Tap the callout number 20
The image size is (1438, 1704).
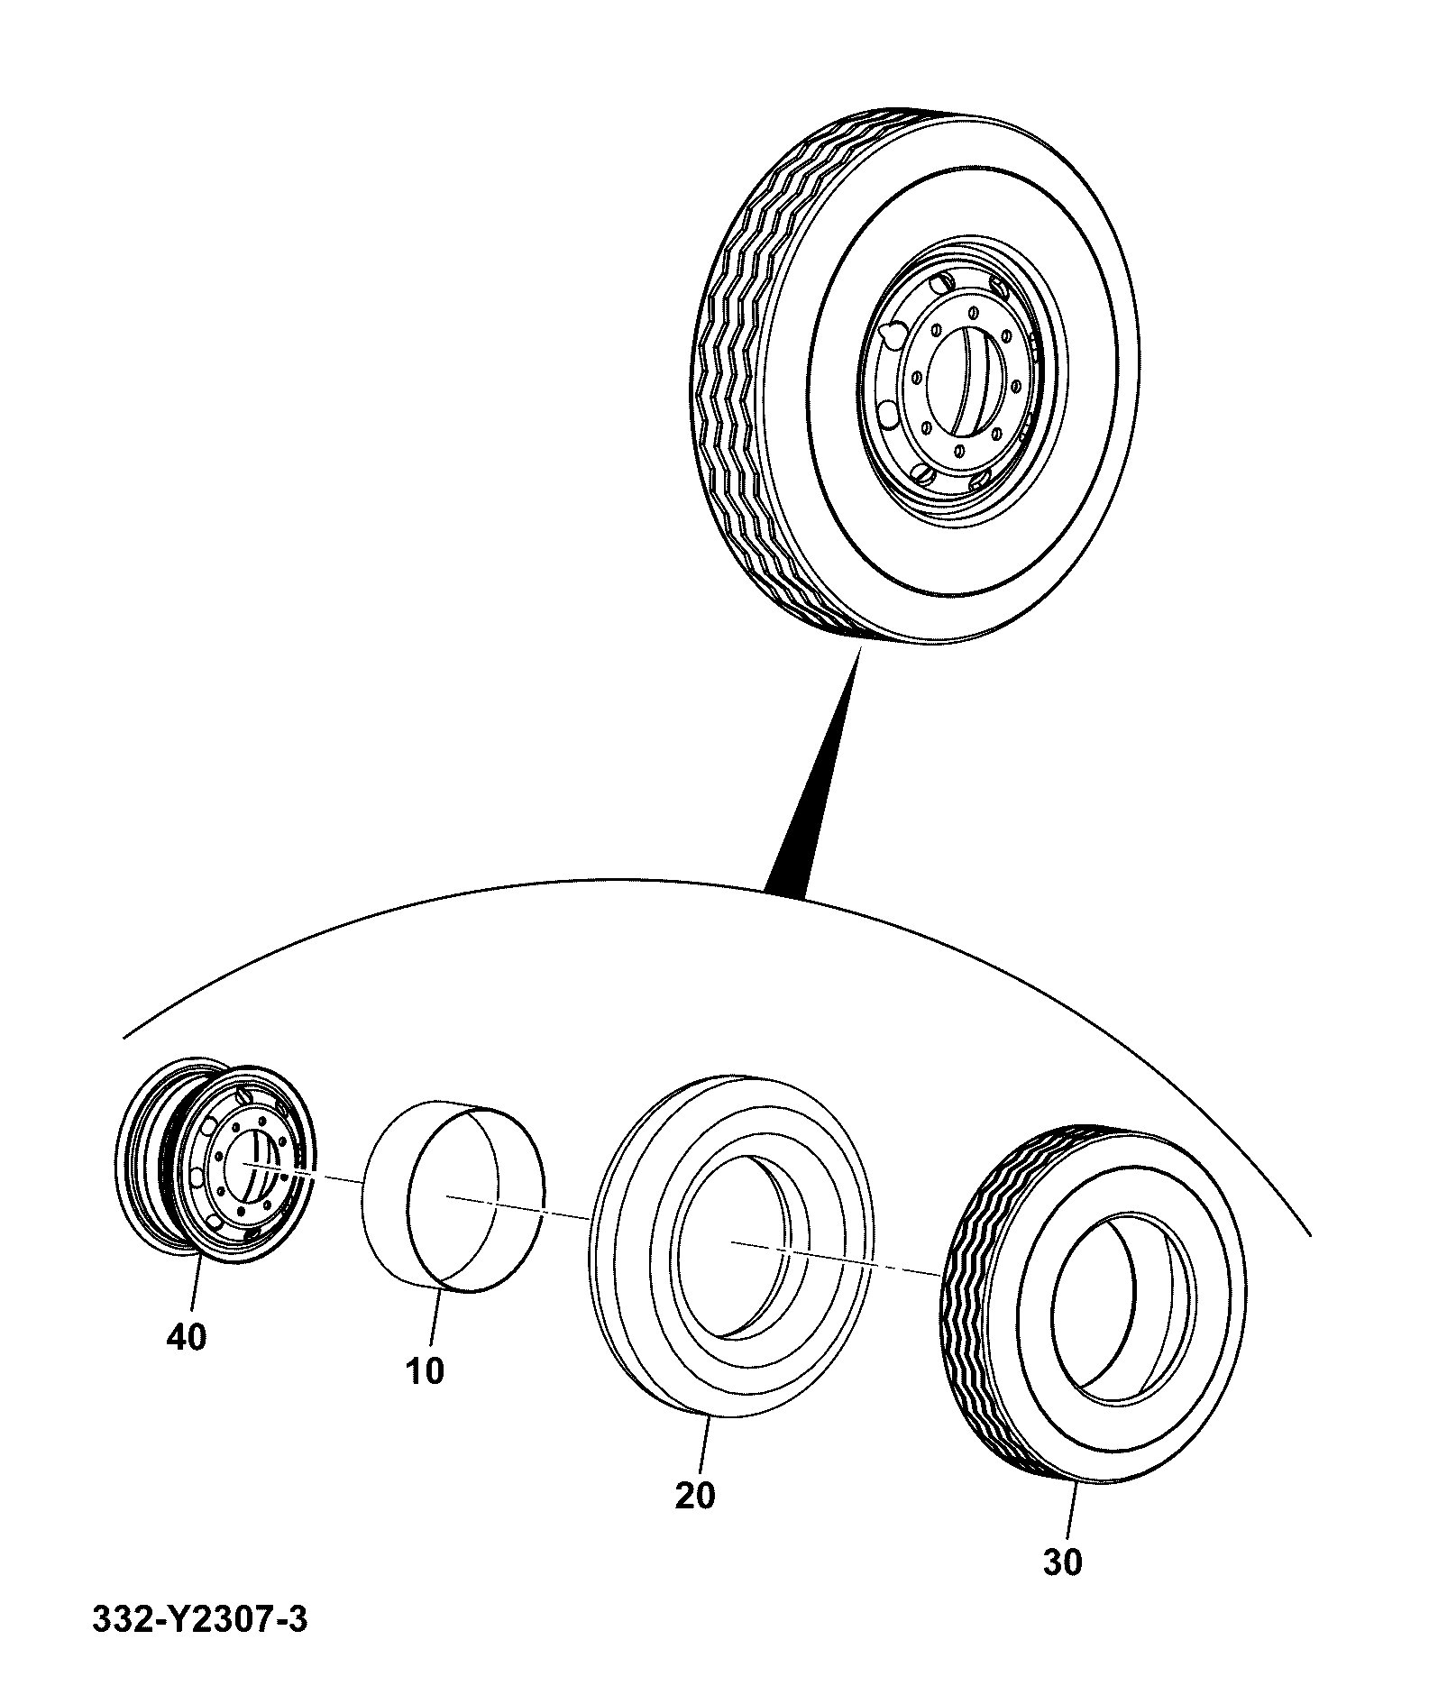[x=694, y=1496]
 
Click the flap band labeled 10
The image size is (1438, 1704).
[x=453, y=1196]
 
